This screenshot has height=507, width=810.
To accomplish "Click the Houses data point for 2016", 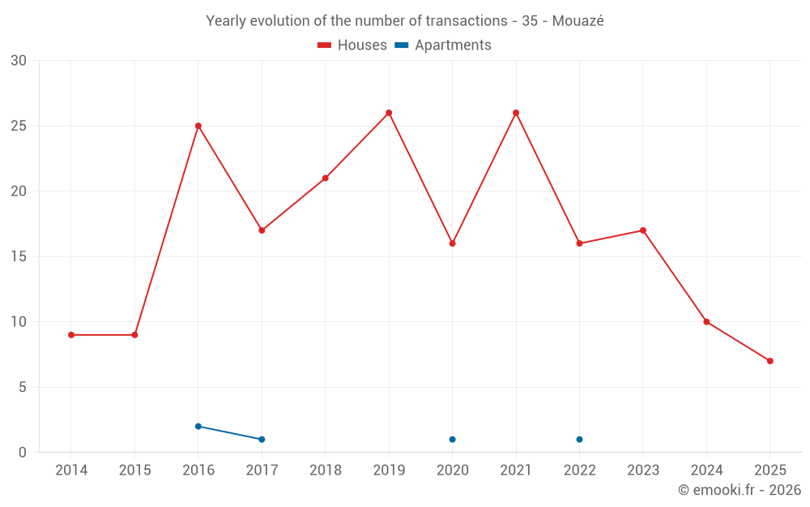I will click(198, 126).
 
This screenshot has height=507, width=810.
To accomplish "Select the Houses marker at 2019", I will click(389, 113).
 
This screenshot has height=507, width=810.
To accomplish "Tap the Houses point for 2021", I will click(516, 113).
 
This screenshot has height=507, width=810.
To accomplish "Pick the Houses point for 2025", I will click(770, 361).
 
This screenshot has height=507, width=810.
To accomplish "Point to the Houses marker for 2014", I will click(71, 335).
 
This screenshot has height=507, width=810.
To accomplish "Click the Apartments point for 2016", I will click(198, 426).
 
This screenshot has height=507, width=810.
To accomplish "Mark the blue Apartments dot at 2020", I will click(452, 440).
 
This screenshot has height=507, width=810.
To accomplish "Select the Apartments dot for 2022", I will click(579, 440).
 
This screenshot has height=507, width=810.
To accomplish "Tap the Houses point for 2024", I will click(706, 322).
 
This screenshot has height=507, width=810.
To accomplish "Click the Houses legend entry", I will click(352, 45).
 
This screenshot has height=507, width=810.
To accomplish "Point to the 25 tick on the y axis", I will click(19, 126).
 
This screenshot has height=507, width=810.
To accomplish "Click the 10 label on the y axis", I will click(19, 322).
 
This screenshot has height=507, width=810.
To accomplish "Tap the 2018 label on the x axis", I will click(326, 470).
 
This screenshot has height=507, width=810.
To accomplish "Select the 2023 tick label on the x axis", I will click(643, 470).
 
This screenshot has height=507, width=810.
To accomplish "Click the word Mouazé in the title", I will click(578, 21).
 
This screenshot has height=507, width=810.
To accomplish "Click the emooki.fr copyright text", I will click(740, 490).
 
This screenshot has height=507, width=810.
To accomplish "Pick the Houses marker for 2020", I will click(452, 243).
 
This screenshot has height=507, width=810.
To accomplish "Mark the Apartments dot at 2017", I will click(262, 440).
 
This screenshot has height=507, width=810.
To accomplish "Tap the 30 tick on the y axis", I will click(19, 61).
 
